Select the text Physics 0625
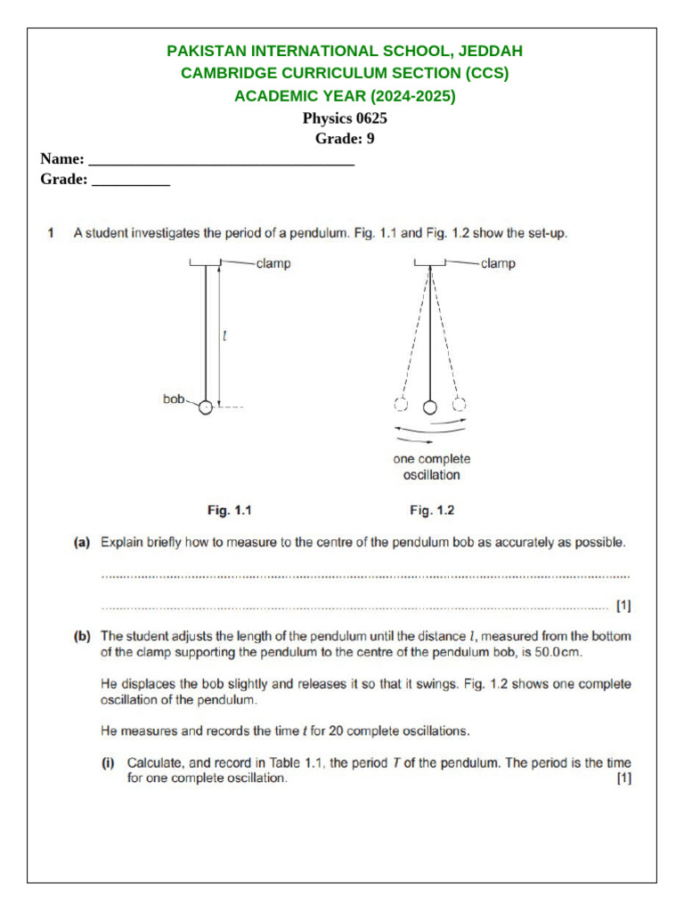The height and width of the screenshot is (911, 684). click(345, 118)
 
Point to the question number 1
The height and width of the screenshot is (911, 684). click(52, 234)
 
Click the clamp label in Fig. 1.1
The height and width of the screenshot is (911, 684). click(273, 263)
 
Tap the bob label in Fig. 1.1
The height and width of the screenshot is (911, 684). click(173, 399)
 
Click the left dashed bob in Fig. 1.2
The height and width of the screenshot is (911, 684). click(401, 405)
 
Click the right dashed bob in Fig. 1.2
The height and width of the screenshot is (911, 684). click(460, 405)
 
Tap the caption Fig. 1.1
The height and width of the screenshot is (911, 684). click(231, 511)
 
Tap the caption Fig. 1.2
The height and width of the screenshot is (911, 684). click(432, 511)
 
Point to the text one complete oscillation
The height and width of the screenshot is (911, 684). click(432, 467)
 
